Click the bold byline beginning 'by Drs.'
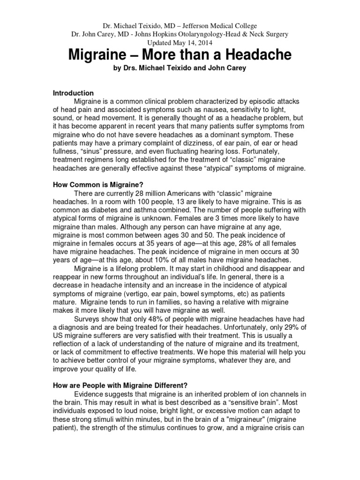tap(180, 69)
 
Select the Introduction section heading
tap(73, 93)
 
